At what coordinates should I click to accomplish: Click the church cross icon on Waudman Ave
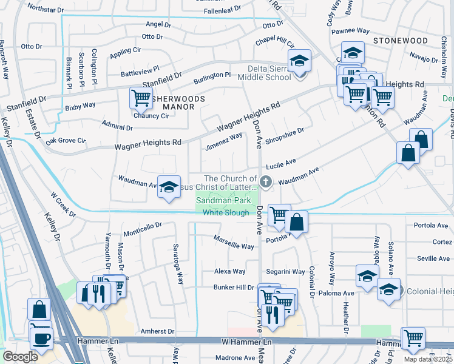[265, 181]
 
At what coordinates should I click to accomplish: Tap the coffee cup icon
[41, 338]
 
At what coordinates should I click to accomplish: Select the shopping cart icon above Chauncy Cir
[141, 96]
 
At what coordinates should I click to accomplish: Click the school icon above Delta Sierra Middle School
[299, 61]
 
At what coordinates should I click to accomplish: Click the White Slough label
[226, 212]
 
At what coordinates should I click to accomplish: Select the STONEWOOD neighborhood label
[401, 40]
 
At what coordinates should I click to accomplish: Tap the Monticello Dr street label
[143, 228]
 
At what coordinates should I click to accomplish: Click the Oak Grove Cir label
[66, 140]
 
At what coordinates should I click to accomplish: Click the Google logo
[20, 357]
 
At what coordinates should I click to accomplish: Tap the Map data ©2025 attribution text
[428, 359]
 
